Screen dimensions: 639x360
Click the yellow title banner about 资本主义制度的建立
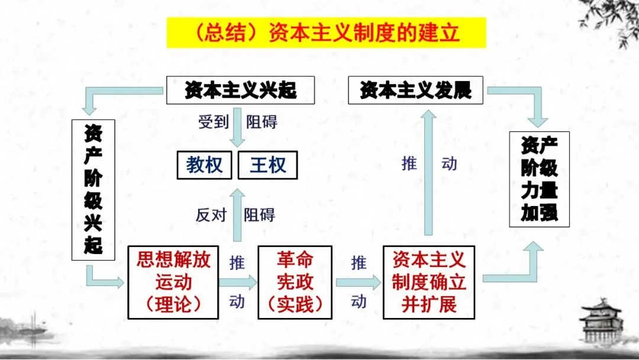click(326, 33)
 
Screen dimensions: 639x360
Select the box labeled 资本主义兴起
click(240, 91)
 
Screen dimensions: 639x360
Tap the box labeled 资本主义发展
click(415, 91)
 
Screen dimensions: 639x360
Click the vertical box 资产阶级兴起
click(93, 189)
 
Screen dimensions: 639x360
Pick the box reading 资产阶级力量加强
click(539, 179)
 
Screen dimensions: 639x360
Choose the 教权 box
click(205, 165)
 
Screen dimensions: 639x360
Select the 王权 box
click(267, 165)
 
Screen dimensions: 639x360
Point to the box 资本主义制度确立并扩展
click(428, 282)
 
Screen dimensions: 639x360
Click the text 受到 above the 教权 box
click(212, 123)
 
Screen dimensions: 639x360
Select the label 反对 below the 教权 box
click(211, 214)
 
